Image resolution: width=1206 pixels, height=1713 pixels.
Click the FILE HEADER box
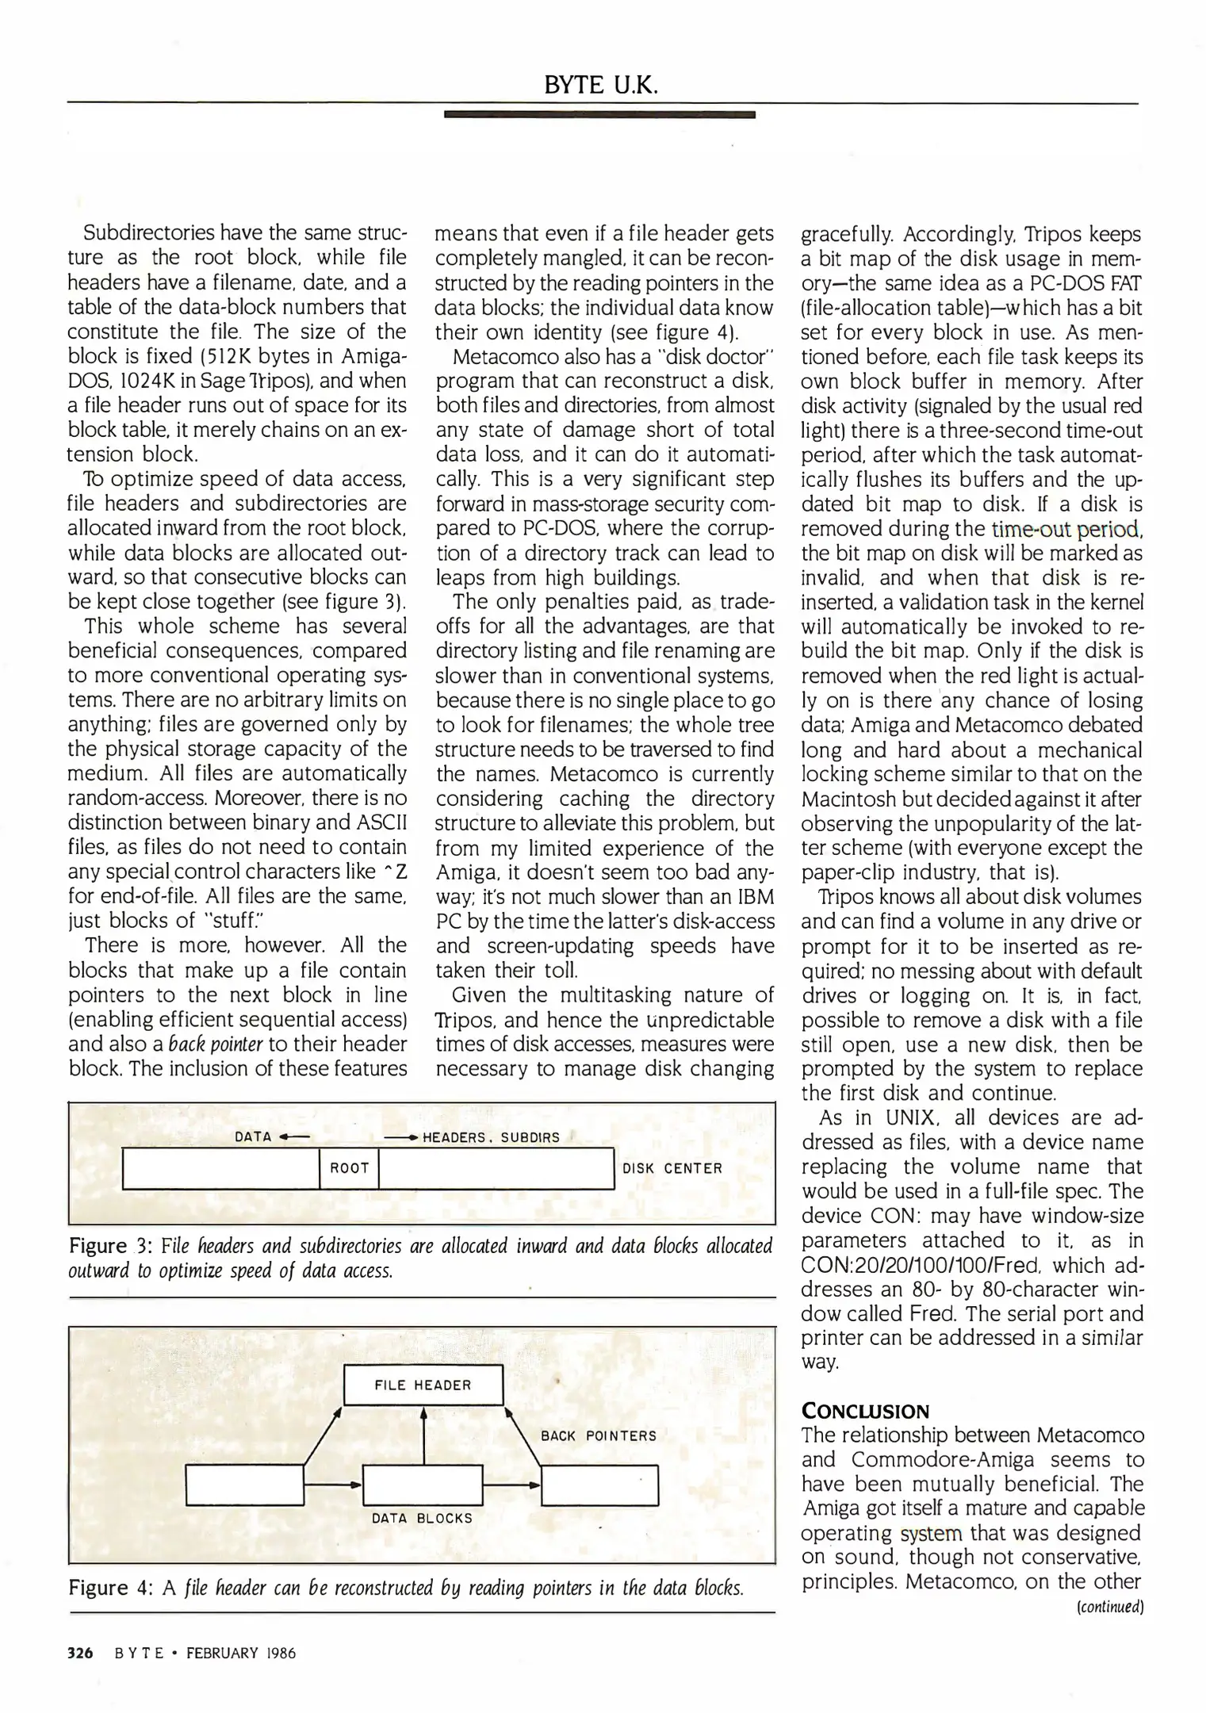coord(423,1385)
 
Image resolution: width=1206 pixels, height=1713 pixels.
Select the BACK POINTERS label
coord(599,1435)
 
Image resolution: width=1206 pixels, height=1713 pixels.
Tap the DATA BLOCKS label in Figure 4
coord(422,1518)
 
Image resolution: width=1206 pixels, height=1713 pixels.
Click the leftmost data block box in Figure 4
coord(244,1485)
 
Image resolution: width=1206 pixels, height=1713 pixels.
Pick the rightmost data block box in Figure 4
coord(600,1485)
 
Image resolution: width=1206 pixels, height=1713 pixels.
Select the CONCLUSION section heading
coord(865,1411)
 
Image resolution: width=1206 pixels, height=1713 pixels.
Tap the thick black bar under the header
coord(599,115)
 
